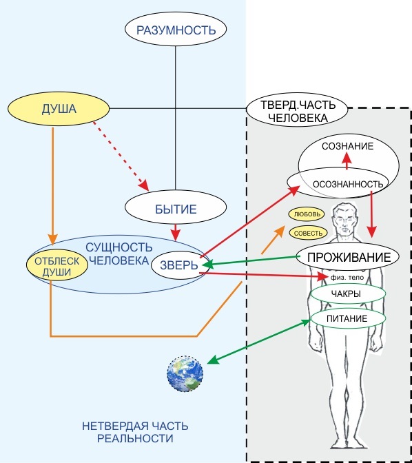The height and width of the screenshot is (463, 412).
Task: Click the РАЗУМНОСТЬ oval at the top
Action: pyautogui.click(x=176, y=29)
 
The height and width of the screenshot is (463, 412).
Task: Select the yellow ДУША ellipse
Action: pyautogui.click(x=59, y=109)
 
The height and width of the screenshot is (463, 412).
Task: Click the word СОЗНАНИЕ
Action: pyautogui.click(x=348, y=146)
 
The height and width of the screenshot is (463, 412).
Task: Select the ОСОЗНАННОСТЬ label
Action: pyautogui.click(x=348, y=184)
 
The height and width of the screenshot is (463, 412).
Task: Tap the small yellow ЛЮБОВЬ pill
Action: pyautogui.click(x=307, y=214)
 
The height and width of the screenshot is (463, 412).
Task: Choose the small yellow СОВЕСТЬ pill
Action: pyautogui.click(x=308, y=233)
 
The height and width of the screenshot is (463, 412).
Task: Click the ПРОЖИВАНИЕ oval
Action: pyautogui.click(x=348, y=256)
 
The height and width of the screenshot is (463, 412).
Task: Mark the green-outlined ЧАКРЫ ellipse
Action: pyautogui.click(x=348, y=294)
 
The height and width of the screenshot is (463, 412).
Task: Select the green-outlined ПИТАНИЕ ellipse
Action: pyautogui.click(x=348, y=318)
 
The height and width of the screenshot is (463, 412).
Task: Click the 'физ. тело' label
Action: pyautogui.click(x=347, y=277)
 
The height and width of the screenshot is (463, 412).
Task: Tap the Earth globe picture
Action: pyautogui.click(x=185, y=374)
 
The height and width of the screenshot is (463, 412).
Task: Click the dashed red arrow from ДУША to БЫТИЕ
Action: pyautogui.click(x=121, y=156)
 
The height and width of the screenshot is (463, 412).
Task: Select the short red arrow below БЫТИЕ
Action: pyautogui.click(x=176, y=232)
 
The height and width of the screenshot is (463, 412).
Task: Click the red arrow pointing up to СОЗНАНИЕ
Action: pyautogui.click(x=347, y=161)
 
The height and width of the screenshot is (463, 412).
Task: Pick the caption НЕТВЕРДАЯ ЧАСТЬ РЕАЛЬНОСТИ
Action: pyautogui.click(x=135, y=432)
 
